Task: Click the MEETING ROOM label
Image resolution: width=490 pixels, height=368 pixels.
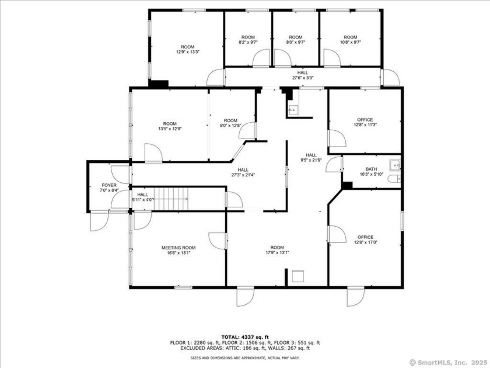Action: [x=178, y=248]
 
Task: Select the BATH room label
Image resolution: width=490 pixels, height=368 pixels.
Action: [x=371, y=168]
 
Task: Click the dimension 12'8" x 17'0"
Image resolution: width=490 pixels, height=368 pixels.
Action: [x=365, y=242]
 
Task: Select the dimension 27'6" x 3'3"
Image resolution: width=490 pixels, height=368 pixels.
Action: [x=303, y=78]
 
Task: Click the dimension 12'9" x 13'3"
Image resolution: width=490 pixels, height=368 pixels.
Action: [x=187, y=52]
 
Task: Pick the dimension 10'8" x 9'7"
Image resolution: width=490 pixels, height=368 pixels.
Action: [x=350, y=42]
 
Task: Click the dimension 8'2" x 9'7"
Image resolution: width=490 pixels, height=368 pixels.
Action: [x=248, y=42]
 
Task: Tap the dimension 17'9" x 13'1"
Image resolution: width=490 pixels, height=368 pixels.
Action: [x=277, y=252]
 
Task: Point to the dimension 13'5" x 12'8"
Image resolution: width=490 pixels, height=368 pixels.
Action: [x=170, y=129]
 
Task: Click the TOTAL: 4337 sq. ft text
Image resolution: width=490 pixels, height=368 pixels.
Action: [x=245, y=337]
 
